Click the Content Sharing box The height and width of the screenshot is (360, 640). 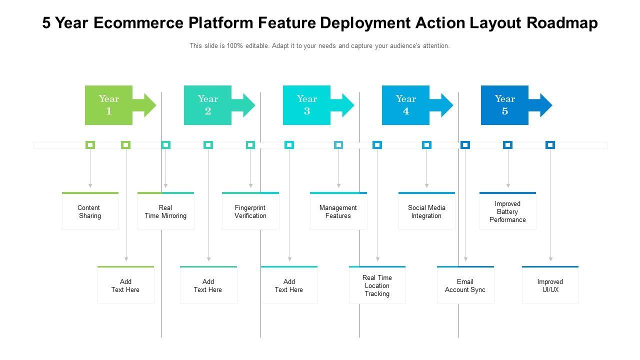pyautogui.click(x=90, y=211)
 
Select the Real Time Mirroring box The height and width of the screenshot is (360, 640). pyautogui.click(x=165, y=211)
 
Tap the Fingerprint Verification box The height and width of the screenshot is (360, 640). pyautogui.click(x=250, y=211)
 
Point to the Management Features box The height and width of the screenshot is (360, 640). pyautogui.click(x=338, y=211)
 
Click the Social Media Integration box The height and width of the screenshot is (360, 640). pyautogui.click(x=426, y=211)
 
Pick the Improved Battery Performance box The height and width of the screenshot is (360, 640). pyautogui.click(x=507, y=211)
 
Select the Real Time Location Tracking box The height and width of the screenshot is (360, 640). pyautogui.click(x=377, y=285)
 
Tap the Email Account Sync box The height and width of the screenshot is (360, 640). pyautogui.click(x=465, y=285)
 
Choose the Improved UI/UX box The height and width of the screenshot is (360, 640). pyautogui.click(x=550, y=285)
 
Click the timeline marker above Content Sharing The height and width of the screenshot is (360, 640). pyautogui.click(x=90, y=145)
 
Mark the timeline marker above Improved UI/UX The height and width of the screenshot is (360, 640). pyautogui.click(x=550, y=145)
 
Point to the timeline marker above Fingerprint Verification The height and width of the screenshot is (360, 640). pyautogui.click(x=250, y=145)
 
